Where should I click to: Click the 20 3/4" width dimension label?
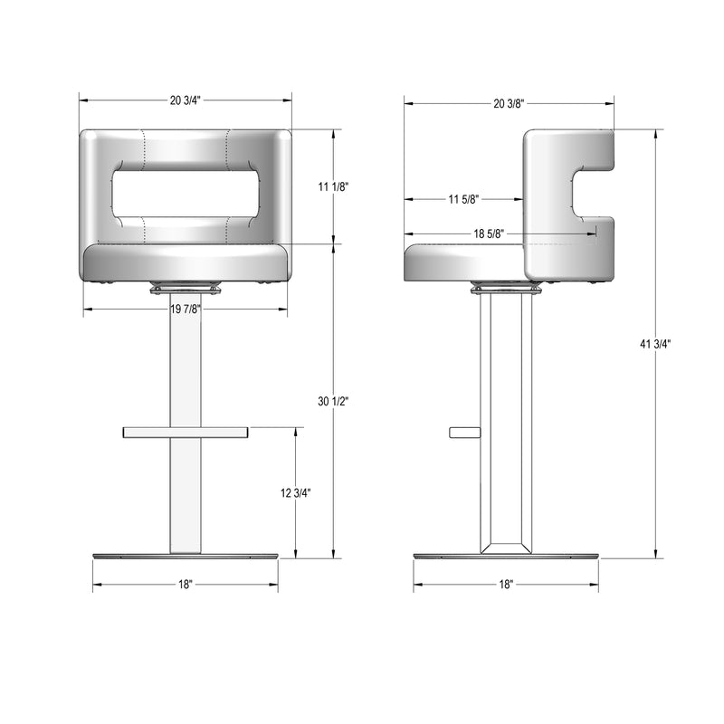coord(186,100)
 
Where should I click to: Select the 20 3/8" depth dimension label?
coord(509,103)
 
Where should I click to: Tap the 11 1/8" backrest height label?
coord(333,186)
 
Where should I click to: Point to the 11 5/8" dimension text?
coord(463,199)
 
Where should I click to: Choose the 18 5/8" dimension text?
coord(489,233)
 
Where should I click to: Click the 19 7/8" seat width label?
coord(186,309)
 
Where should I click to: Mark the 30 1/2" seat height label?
coord(333,401)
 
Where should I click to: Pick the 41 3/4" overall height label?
coord(655,344)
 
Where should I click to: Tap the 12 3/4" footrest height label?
coord(296,492)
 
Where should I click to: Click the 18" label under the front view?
coord(186,584)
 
